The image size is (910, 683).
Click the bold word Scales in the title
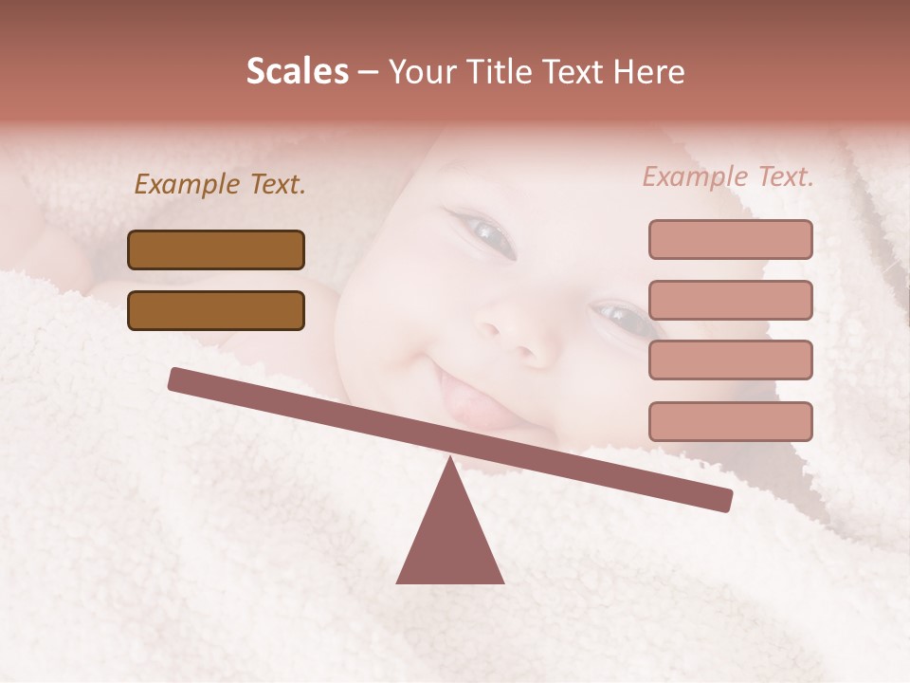(x=297, y=72)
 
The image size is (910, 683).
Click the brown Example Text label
(x=220, y=185)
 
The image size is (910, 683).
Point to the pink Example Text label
(x=728, y=176)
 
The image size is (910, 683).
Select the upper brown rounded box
(x=216, y=249)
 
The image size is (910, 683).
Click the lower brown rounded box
(x=216, y=310)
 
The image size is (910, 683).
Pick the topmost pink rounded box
(x=730, y=239)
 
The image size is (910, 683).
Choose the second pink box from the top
(x=730, y=300)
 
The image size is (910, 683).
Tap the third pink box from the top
(x=730, y=360)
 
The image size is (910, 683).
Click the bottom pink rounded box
(x=730, y=421)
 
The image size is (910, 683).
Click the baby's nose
(x=512, y=337)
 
